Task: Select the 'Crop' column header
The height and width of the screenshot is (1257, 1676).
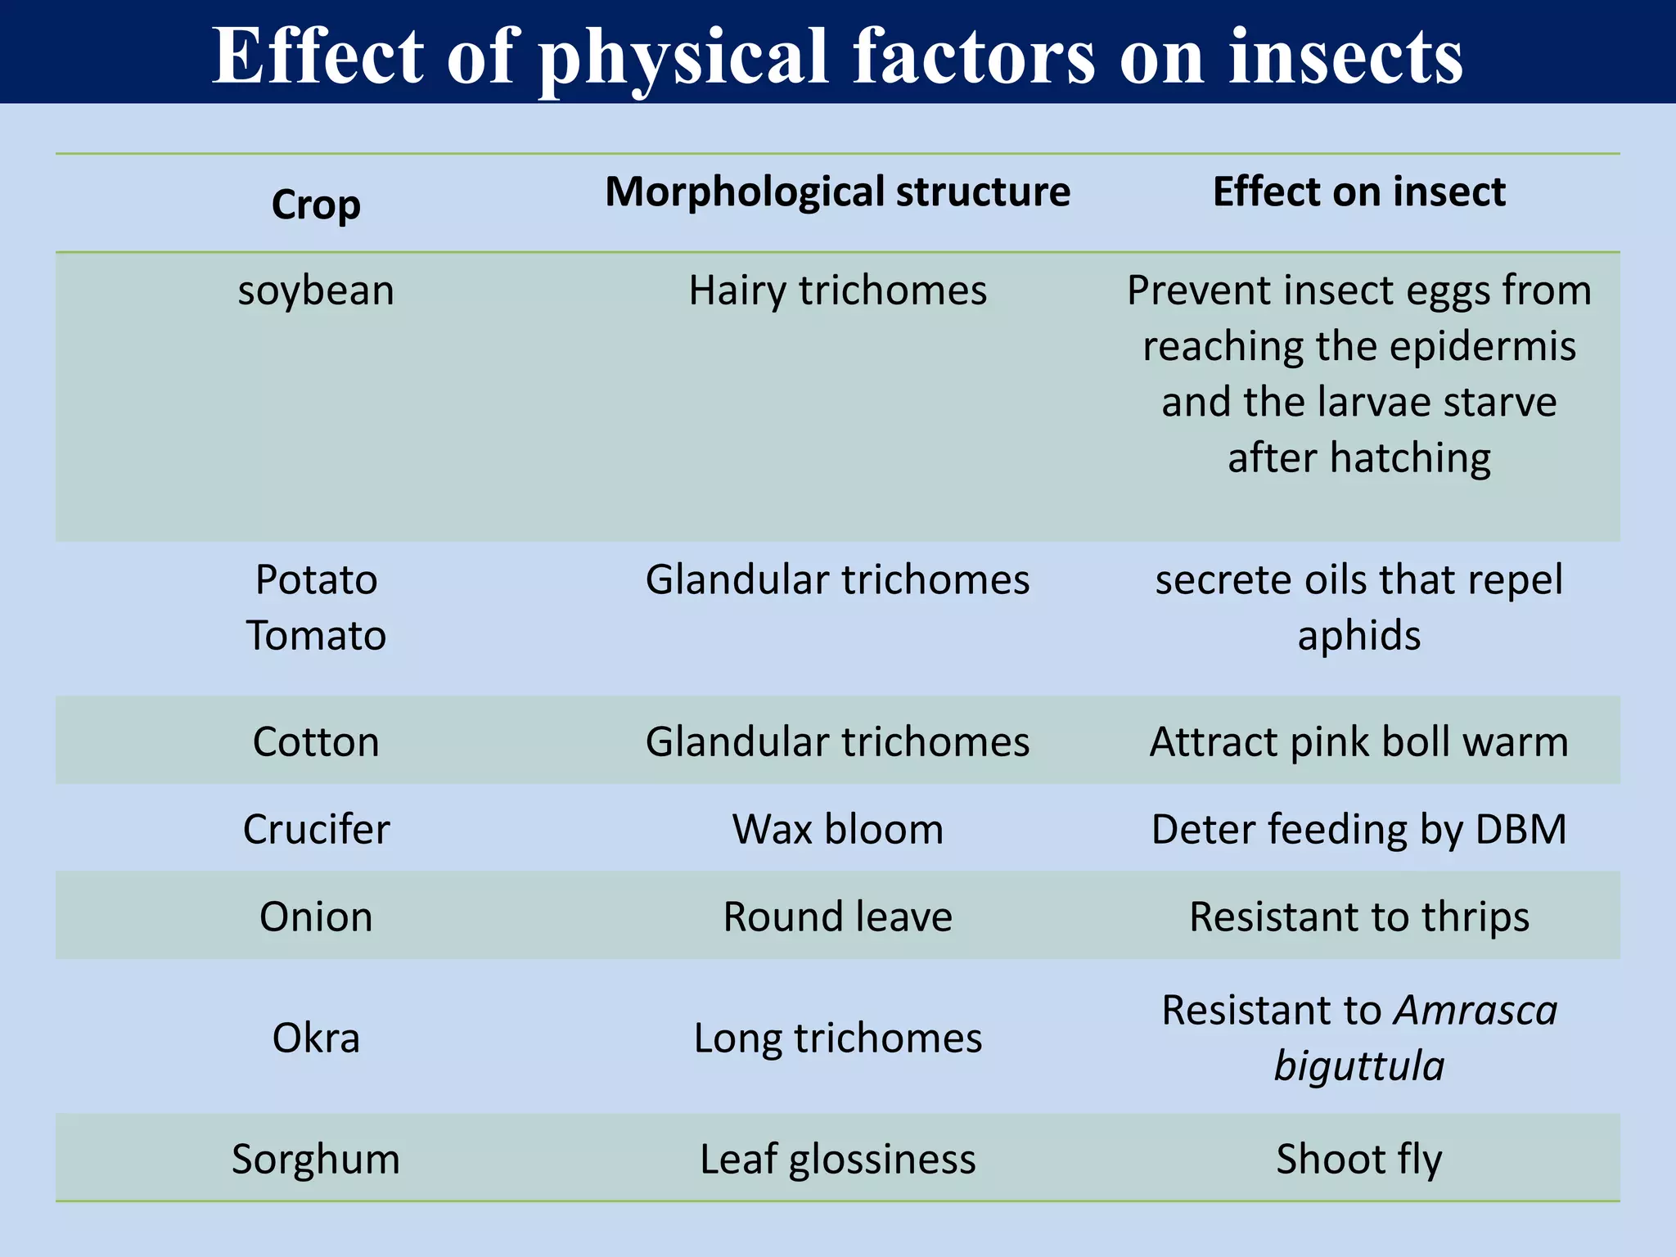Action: tap(316, 205)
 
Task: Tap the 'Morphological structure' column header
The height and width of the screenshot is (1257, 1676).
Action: tap(837, 191)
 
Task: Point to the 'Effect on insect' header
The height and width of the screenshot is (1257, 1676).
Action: tap(1358, 191)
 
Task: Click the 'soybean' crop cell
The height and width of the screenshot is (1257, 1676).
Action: tap(316, 291)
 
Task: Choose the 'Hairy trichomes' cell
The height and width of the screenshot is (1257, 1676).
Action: tap(837, 291)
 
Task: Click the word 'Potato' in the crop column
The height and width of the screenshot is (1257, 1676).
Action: tap(316, 579)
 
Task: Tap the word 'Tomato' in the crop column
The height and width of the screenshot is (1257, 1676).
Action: tap(316, 635)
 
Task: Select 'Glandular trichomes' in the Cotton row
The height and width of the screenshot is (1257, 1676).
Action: tap(837, 741)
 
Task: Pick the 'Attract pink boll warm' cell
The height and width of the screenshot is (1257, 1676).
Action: tap(1358, 741)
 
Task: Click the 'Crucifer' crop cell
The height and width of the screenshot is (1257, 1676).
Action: tap(316, 829)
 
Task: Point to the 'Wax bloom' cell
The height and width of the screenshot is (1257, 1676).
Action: tap(837, 829)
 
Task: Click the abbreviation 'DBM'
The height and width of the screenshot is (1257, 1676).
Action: tap(1521, 829)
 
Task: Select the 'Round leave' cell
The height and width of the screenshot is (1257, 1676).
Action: tap(837, 917)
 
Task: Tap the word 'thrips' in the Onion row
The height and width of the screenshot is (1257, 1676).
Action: tap(1475, 917)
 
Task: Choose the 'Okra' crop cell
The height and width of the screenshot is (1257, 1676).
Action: tap(316, 1038)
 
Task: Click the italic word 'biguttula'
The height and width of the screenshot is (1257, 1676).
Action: tap(1358, 1066)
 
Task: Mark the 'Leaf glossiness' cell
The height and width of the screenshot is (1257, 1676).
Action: tap(837, 1159)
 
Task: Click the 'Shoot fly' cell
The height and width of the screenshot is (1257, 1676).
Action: tap(1358, 1159)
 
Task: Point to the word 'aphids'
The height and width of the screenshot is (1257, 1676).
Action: tap(1358, 636)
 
